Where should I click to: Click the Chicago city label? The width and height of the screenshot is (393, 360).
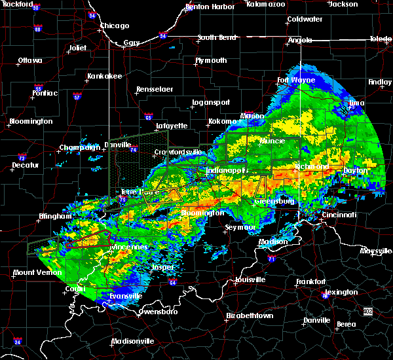[x=115, y=26]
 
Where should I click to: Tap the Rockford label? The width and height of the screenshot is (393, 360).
[x=17, y=4]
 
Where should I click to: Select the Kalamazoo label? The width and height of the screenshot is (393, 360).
[x=266, y=4]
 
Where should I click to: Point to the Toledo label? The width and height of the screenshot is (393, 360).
[x=380, y=39]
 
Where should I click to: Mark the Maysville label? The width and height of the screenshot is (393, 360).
[x=376, y=251]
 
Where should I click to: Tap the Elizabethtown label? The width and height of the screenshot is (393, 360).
[x=249, y=315]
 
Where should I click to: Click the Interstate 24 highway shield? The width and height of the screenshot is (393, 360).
[x=18, y=342]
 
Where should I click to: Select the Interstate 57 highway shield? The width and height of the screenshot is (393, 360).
[x=77, y=97]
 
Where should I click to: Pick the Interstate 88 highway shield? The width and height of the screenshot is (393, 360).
[x=37, y=29]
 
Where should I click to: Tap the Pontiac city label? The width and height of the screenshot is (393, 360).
[x=44, y=93]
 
